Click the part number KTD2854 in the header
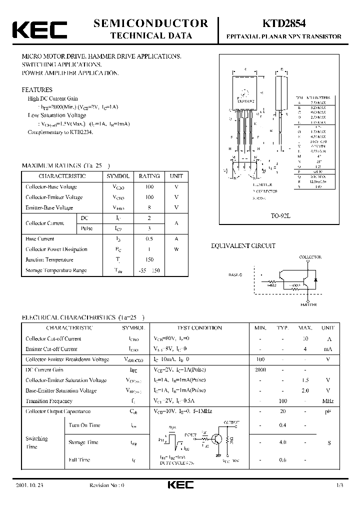coord(283,23)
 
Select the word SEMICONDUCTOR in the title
coord(151,23)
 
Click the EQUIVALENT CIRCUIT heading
coord(243,246)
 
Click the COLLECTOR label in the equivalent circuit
coord(310,257)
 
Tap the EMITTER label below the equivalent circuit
coord(308,303)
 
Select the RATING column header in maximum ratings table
coord(149,176)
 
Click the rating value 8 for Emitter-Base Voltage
coord(149,207)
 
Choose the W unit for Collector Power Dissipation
coord(176,249)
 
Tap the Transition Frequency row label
coord(49,401)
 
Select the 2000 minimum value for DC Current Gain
coord(260,370)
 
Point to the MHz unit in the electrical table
coord(327,401)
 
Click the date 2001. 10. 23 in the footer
coord(30,485)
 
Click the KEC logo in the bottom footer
coord(179,485)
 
